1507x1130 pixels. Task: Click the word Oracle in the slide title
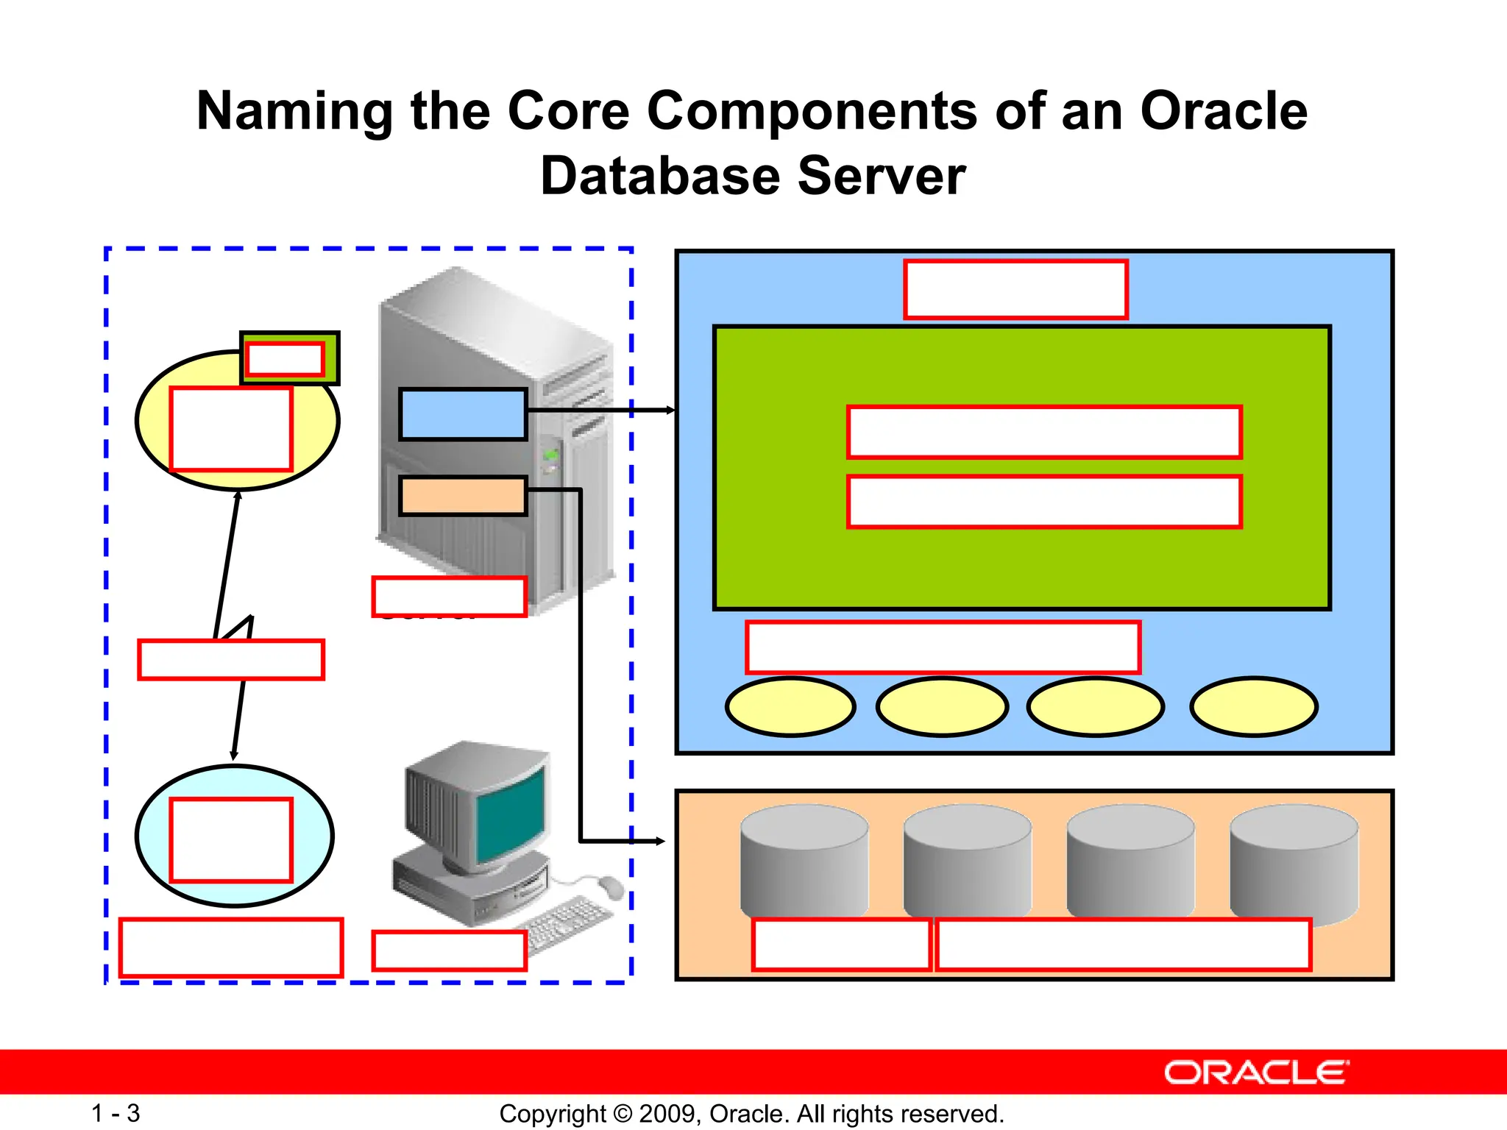pyautogui.click(x=1223, y=112)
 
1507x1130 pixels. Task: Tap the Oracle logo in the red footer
pyautogui.click(x=1256, y=1073)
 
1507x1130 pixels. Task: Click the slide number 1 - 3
pyautogui.click(x=116, y=1113)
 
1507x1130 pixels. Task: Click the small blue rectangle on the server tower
pyautogui.click(x=463, y=415)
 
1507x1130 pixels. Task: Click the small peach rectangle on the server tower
pyautogui.click(x=463, y=496)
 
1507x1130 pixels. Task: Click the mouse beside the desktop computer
pyautogui.click(x=610, y=887)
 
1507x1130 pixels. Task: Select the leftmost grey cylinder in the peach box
pyautogui.click(x=804, y=861)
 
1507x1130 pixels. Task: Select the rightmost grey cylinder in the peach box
pyautogui.click(x=1294, y=861)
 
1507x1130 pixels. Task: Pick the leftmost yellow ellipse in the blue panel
pyautogui.click(x=790, y=707)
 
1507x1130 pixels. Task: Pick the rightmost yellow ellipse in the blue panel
pyautogui.click(x=1254, y=707)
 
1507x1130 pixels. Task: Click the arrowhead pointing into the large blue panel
pyautogui.click(x=670, y=410)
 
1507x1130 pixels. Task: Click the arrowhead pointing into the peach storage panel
pyautogui.click(x=660, y=841)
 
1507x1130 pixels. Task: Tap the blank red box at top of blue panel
pyautogui.click(x=1015, y=289)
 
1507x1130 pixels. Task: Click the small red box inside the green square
pyautogui.click(x=285, y=359)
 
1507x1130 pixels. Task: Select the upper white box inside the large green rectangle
pyautogui.click(x=1044, y=432)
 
